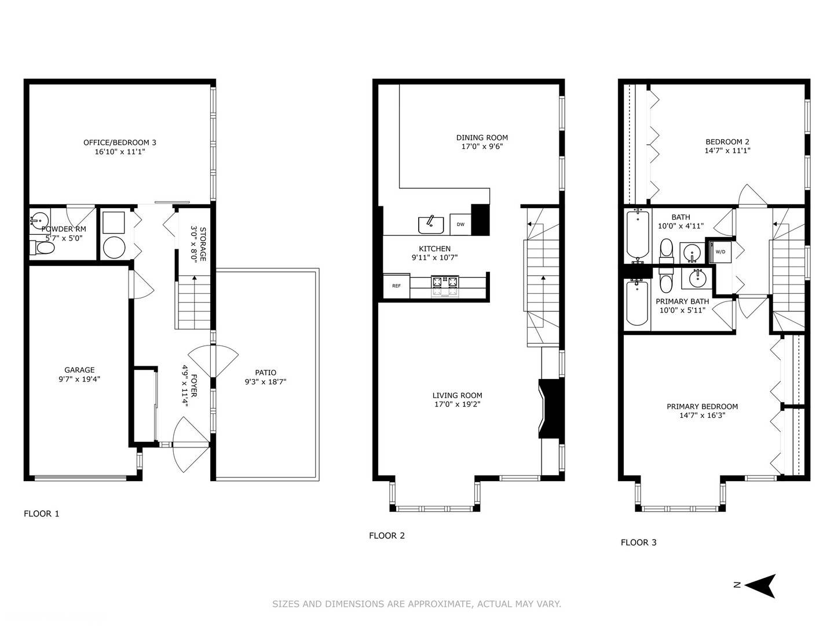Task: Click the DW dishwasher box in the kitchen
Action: (x=460, y=224)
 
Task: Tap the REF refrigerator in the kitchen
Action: (x=396, y=286)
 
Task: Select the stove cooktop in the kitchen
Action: (x=445, y=285)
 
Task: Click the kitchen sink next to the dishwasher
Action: (x=431, y=225)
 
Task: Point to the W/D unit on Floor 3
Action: (x=720, y=251)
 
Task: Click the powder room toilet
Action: (x=42, y=248)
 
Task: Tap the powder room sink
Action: (x=39, y=220)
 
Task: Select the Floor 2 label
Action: (x=387, y=536)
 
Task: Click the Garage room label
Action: (x=79, y=370)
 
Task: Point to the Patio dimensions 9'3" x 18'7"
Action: (x=266, y=381)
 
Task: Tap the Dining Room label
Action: (x=482, y=137)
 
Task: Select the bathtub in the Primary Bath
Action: (x=637, y=303)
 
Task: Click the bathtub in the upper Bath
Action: (x=637, y=235)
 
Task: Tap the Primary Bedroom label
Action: (x=702, y=406)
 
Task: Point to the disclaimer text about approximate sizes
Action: (x=416, y=603)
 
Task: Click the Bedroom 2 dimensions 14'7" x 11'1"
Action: (x=727, y=151)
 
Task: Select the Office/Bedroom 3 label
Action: (x=120, y=143)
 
